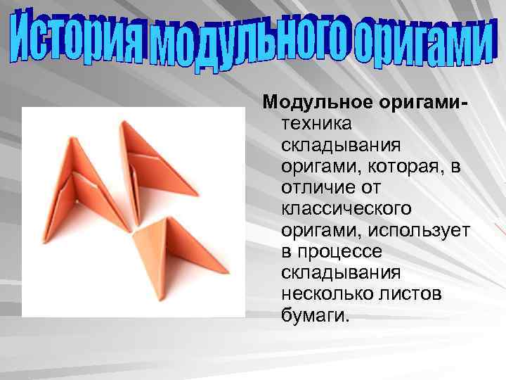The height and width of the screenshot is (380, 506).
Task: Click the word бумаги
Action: (315, 315)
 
